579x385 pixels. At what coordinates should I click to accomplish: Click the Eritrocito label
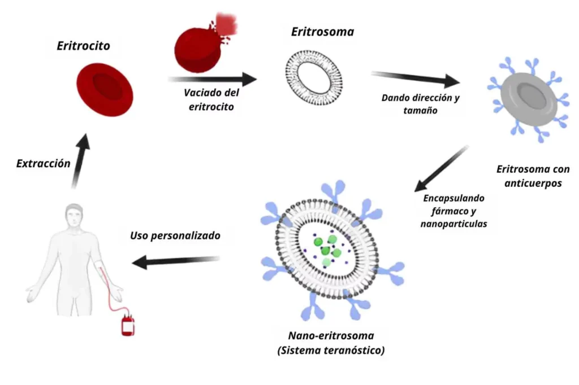(x=83, y=46)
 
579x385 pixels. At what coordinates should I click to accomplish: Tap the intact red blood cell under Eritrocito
(x=105, y=89)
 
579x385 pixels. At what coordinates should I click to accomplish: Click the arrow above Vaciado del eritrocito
(x=212, y=79)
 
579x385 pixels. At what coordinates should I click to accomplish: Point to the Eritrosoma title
(x=322, y=32)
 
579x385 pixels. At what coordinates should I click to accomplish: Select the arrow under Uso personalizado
(x=175, y=261)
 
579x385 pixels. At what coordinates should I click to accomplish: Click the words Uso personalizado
(x=175, y=236)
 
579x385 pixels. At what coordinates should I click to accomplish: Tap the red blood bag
(x=128, y=326)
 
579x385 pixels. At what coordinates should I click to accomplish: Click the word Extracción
(x=44, y=164)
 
